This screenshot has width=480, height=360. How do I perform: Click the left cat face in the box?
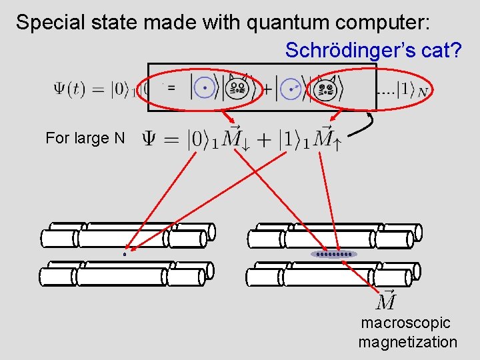click(x=237, y=87)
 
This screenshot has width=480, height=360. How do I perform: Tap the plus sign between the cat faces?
click(x=267, y=88)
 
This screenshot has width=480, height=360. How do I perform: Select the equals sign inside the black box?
click(x=171, y=87)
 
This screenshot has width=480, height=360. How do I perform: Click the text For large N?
click(x=85, y=139)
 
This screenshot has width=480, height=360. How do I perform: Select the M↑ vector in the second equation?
click(x=327, y=137)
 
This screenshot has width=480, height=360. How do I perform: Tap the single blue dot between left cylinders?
click(x=125, y=254)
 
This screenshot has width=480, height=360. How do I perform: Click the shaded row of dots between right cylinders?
click(x=334, y=254)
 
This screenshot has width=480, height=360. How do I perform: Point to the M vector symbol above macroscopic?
click(x=387, y=301)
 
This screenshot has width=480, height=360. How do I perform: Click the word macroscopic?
click(x=406, y=323)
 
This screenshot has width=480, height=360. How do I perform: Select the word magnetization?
click(x=408, y=343)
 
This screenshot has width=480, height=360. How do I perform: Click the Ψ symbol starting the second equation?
click(x=151, y=138)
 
